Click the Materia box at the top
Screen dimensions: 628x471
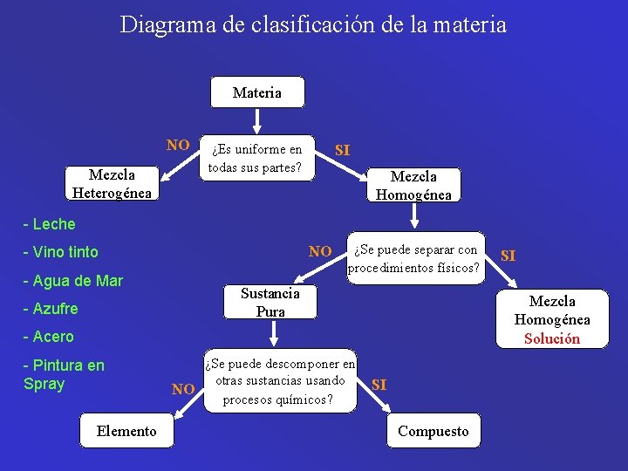[257, 92]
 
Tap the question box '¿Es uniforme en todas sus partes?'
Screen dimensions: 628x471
[256, 159]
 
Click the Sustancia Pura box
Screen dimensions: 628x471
[270, 302]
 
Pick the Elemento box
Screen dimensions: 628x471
[126, 431]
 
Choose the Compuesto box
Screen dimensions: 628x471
[433, 431]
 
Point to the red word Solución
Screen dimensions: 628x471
[551, 338]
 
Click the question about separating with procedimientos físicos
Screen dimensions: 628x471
[414, 259]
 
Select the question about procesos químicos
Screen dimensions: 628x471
[280, 381]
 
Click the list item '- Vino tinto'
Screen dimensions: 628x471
[61, 252]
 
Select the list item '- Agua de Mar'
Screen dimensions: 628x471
[73, 280]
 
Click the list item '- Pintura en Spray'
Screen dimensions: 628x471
[64, 373]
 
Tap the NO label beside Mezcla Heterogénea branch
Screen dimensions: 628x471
[178, 145]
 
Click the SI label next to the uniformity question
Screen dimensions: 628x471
[343, 150]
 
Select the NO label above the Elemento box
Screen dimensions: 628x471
[182, 389]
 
